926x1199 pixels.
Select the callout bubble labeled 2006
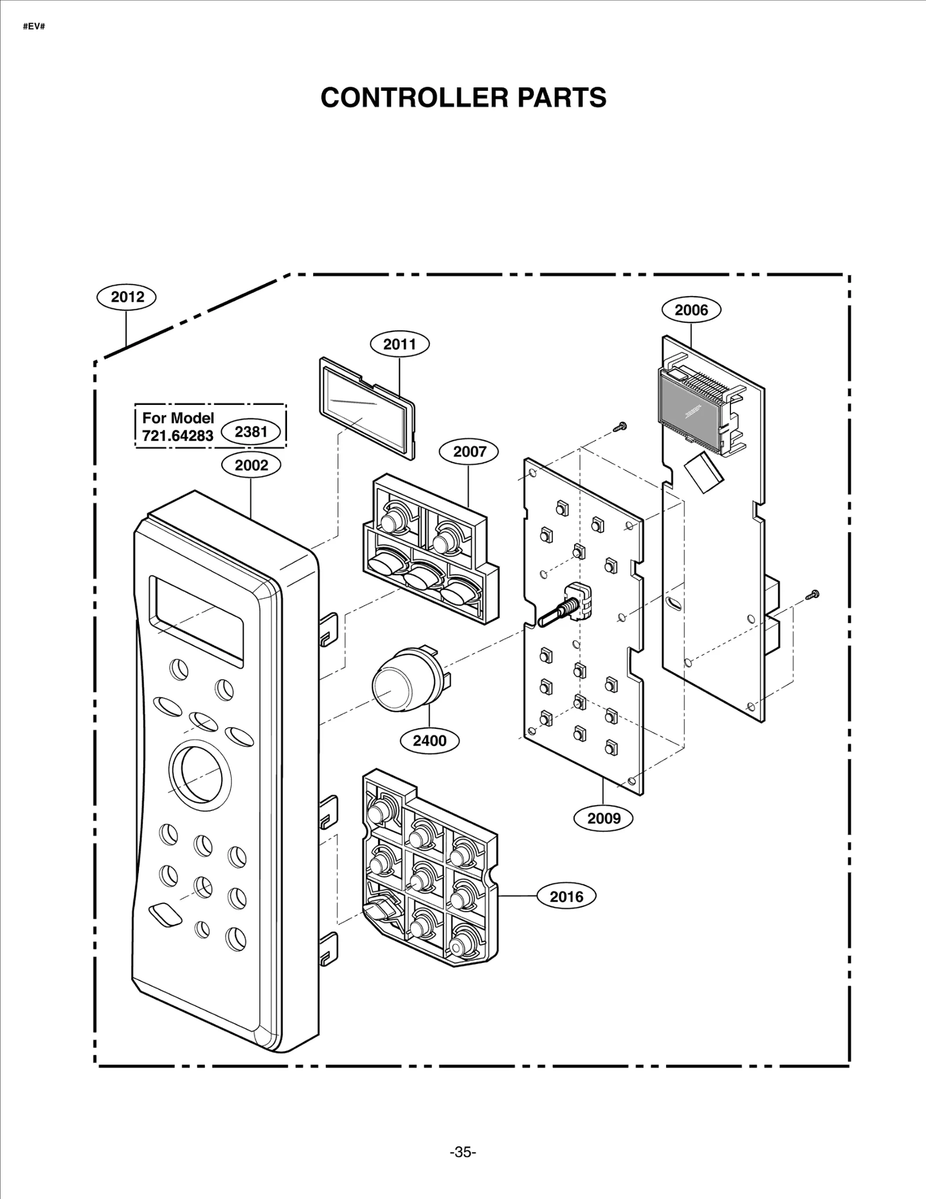pyautogui.click(x=691, y=310)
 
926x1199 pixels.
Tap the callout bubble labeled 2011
pyautogui.click(x=399, y=345)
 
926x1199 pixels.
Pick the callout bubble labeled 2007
pyautogui.click(x=469, y=452)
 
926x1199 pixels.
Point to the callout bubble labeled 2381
pyautogui.click(x=251, y=432)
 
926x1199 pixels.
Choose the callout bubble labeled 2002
pyautogui.click(x=251, y=465)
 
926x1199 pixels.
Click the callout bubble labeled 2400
pyautogui.click(x=429, y=741)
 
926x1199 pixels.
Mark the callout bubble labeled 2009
pyautogui.click(x=604, y=818)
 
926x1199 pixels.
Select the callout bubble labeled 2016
pyautogui.click(x=566, y=897)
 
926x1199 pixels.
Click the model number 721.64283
pyautogui.click(x=178, y=436)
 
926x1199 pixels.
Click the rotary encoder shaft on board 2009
pyautogui.click(x=556, y=614)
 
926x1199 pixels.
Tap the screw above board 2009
pyautogui.click(x=620, y=427)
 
